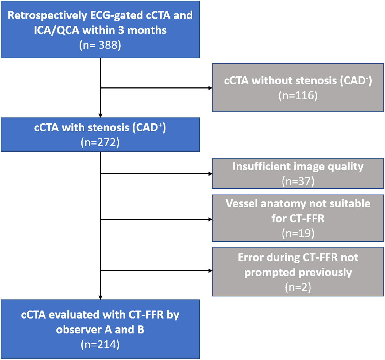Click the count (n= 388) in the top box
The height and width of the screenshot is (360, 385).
pos(100,45)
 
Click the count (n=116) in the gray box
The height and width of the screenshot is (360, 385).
pos(298,95)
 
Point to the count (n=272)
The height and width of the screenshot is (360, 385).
pos(100,142)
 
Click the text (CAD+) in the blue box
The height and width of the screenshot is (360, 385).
pos(149,127)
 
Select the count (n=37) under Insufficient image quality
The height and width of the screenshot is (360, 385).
pos(298,181)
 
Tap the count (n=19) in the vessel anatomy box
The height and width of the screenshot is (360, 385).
pos(298,234)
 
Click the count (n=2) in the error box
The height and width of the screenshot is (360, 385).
pos(298,287)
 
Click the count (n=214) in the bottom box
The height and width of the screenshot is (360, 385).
pos(100,344)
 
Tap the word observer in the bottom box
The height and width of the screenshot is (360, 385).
pos(79,330)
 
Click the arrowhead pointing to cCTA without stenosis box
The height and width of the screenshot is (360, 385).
pos(210,88)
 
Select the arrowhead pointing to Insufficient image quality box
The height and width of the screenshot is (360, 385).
pos(210,174)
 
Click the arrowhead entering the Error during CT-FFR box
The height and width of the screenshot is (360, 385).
pos(210,271)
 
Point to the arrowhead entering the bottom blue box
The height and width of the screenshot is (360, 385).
pos(100,297)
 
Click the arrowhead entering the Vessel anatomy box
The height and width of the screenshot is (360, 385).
pos(210,219)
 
